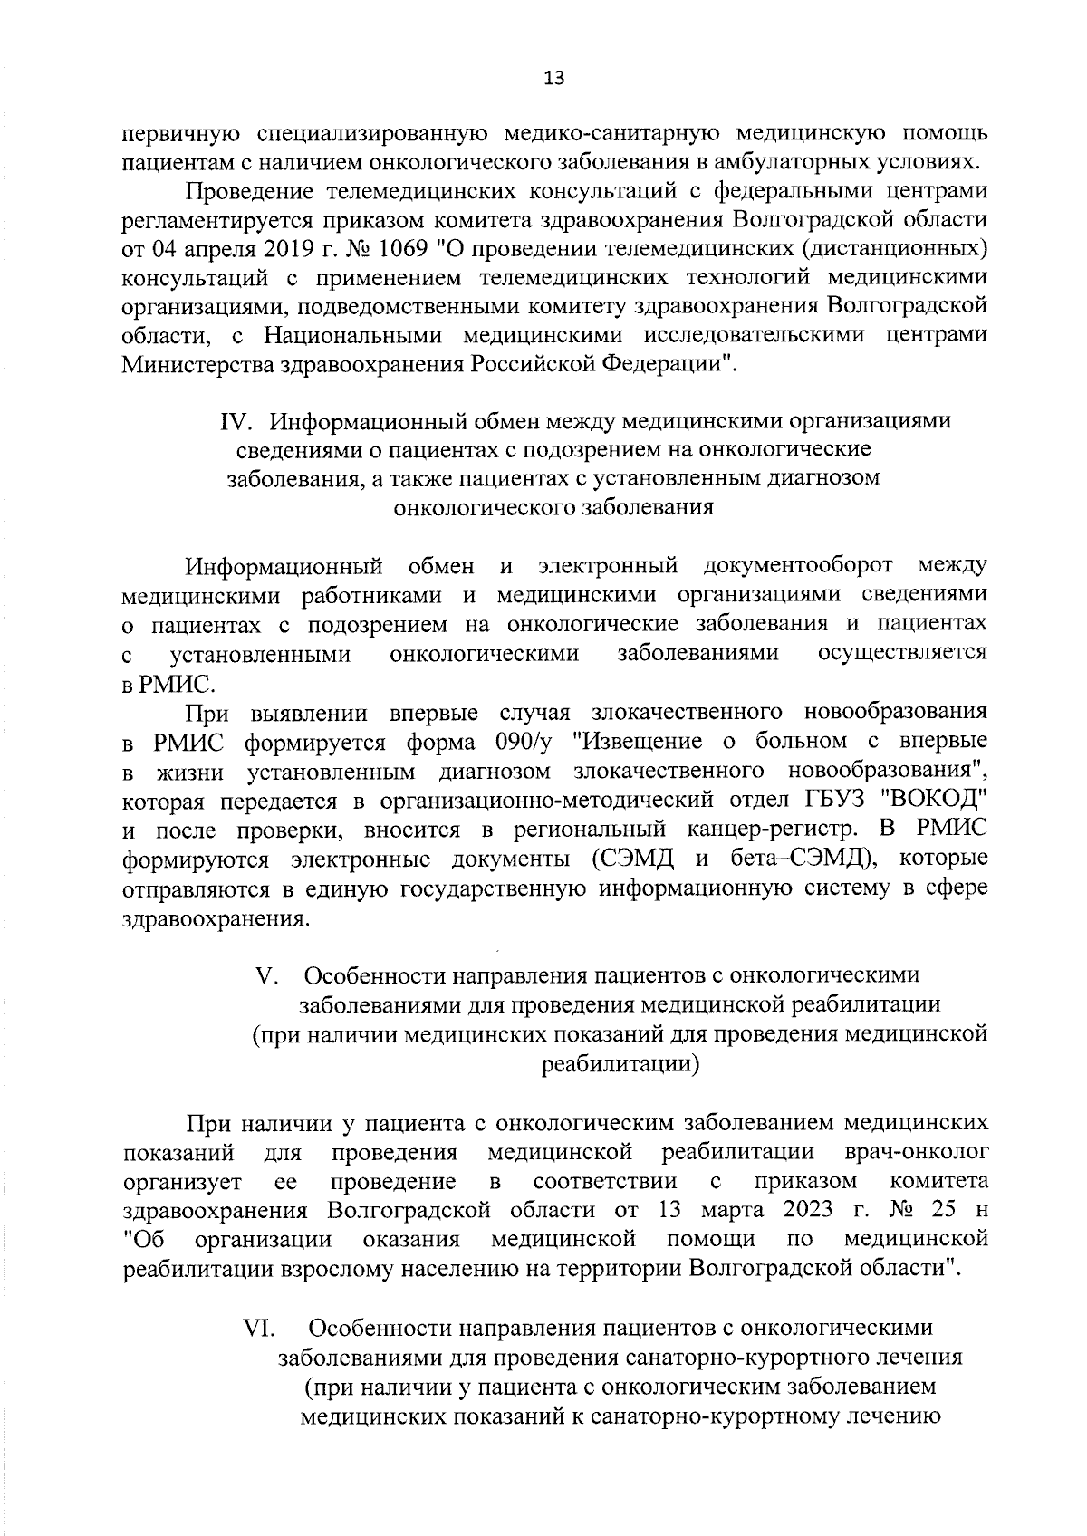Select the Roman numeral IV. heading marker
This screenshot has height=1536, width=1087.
click(242, 421)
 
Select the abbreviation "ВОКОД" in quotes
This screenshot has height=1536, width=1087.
click(935, 801)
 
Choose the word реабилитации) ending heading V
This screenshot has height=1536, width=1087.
click(620, 1063)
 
